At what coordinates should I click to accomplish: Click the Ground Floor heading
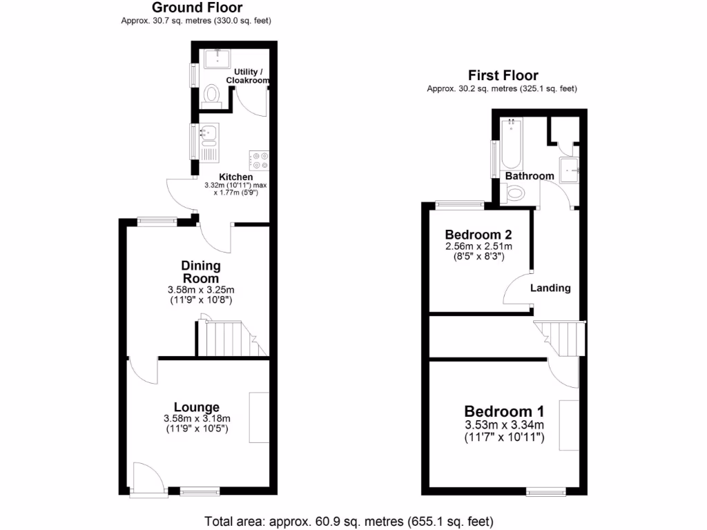pos(197,8)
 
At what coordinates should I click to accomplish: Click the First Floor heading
pos(503,76)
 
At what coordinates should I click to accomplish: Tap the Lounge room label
pos(197,407)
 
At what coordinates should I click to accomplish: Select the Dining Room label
pos(201,272)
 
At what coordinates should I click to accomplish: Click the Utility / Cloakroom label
pos(250,76)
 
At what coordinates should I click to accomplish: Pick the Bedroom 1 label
pos(503,410)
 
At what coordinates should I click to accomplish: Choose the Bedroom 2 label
pos(477,233)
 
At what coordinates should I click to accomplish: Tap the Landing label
pos(550,288)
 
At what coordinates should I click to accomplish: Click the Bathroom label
pos(530,176)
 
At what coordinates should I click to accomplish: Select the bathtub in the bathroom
pos(512,144)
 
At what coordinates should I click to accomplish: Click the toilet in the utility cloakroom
pos(212,95)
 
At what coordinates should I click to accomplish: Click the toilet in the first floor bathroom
pos(516,195)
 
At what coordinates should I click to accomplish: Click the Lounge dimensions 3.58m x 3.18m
pos(197,419)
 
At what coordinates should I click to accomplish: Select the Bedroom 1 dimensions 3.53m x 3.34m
pos(503,424)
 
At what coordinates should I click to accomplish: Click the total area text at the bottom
pos(349,520)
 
